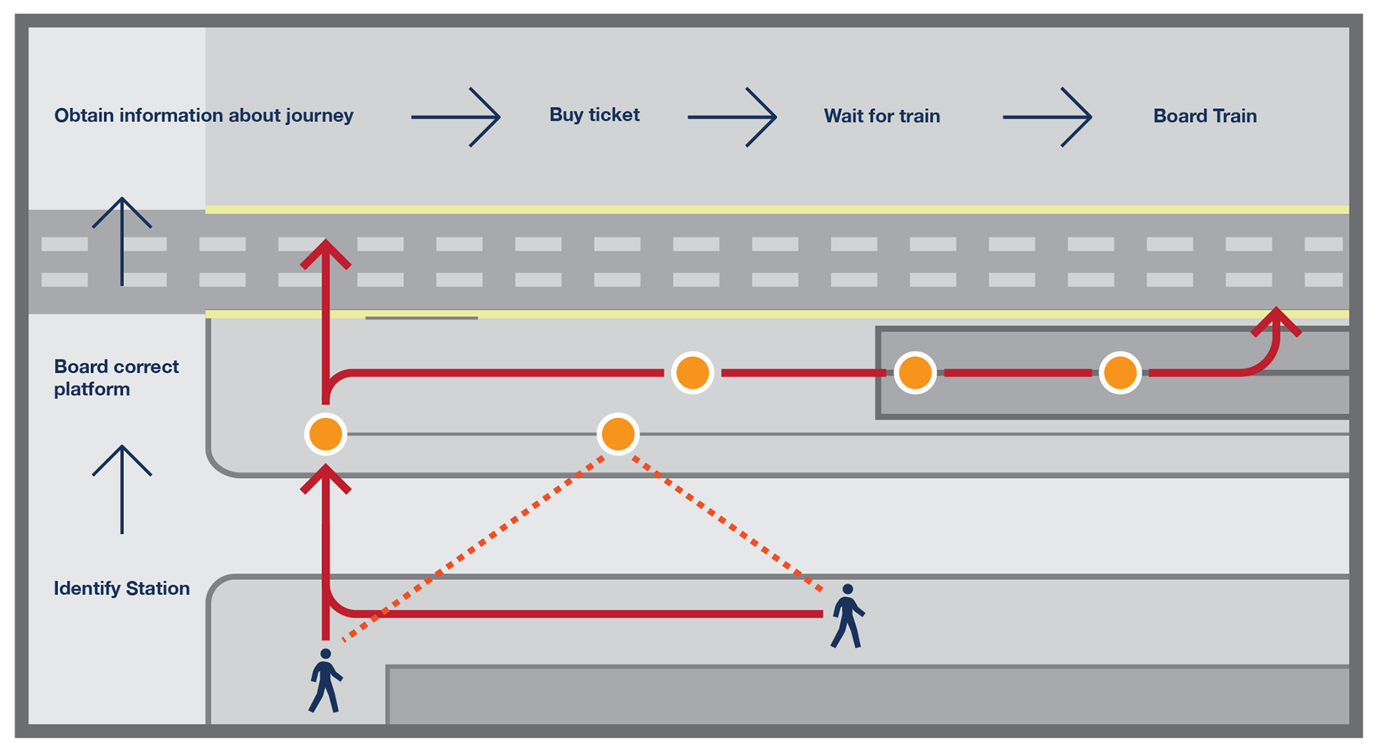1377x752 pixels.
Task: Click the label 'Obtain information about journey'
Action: pyautogui.click(x=204, y=115)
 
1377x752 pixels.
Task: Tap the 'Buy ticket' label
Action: pyautogui.click(x=595, y=115)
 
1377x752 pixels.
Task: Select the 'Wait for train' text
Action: pyautogui.click(x=881, y=116)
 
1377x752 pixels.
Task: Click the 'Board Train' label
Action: pyautogui.click(x=1205, y=116)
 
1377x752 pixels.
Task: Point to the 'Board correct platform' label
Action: pyautogui.click(x=116, y=378)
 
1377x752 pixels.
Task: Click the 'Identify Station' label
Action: pyautogui.click(x=122, y=589)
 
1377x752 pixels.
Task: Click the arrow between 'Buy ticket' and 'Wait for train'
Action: pyautogui.click(x=732, y=118)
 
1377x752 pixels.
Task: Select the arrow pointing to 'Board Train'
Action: pyautogui.click(x=1047, y=118)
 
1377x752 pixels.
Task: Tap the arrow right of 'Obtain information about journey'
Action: pyautogui.click(x=455, y=118)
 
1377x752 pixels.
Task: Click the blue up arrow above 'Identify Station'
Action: pyautogui.click(x=122, y=490)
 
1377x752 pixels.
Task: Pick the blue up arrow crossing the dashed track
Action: pyautogui.click(x=122, y=242)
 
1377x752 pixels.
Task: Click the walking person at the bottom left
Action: pyautogui.click(x=326, y=680)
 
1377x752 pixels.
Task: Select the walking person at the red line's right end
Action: pyautogui.click(x=848, y=616)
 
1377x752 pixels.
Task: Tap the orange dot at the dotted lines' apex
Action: pyautogui.click(x=618, y=434)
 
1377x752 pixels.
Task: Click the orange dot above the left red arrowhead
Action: pyautogui.click(x=326, y=434)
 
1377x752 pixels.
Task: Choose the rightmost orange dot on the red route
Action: pyautogui.click(x=1120, y=373)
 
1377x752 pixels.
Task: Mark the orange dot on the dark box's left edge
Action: pyautogui.click(x=915, y=373)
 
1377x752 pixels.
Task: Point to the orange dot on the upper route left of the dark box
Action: pyautogui.click(x=693, y=373)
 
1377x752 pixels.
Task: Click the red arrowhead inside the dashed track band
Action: pyautogui.click(x=326, y=254)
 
